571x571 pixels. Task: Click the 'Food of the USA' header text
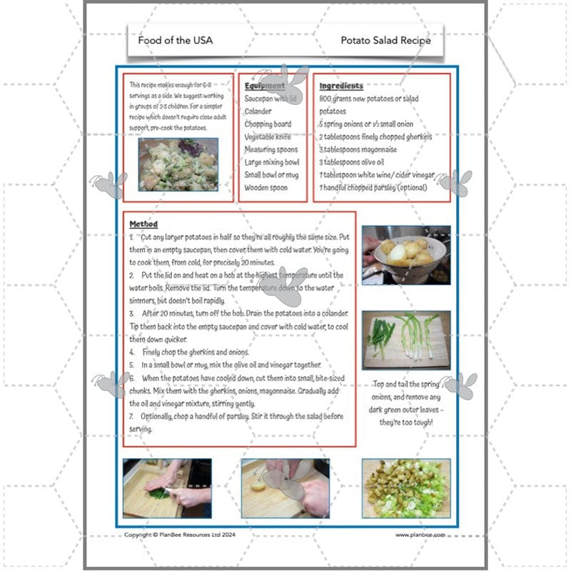pyautogui.click(x=175, y=40)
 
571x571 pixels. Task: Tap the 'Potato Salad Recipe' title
pyautogui.click(x=385, y=40)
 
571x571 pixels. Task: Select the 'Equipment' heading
pyautogui.click(x=265, y=86)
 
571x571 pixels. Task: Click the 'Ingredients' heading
pyautogui.click(x=341, y=86)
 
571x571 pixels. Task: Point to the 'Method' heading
pyautogui.click(x=143, y=223)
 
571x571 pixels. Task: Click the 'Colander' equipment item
pyautogui.click(x=259, y=111)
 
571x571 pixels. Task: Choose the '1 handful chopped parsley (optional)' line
pyautogui.click(x=373, y=188)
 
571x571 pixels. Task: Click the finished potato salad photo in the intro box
pyautogui.click(x=178, y=164)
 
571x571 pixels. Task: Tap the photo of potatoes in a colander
pyautogui.click(x=406, y=255)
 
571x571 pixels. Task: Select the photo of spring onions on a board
pyautogui.click(x=406, y=340)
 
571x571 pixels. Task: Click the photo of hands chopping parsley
pyautogui.click(x=167, y=488)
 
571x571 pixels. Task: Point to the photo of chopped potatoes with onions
pyautogui.click(x=406, y=488)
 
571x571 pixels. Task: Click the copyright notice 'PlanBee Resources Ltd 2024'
pyautogui.click(x=177, y=534)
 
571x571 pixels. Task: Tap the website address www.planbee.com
pyautogui.click(x=420, y=534)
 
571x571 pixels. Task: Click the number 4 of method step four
pyautogui.click(x=132, y=352)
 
